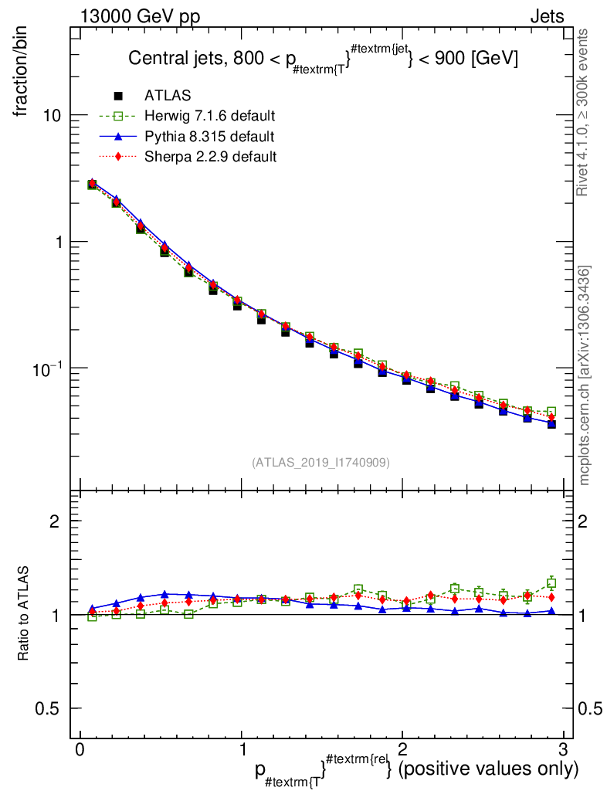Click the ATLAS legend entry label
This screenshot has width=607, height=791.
(168, 96)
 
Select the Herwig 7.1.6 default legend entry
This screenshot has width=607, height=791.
(209, 116)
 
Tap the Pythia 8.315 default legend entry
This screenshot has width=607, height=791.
(209, 136)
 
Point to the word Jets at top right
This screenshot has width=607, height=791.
(546, 17)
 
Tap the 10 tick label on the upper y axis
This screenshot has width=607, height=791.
(51, 115)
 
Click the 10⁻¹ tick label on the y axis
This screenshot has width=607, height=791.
(48, 368)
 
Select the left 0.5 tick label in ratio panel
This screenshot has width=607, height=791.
(48, 708)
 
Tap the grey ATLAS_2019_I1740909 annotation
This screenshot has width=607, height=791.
(320, 462)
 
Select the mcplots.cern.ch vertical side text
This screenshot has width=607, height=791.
(584, 375)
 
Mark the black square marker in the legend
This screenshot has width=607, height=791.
(118, 96)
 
